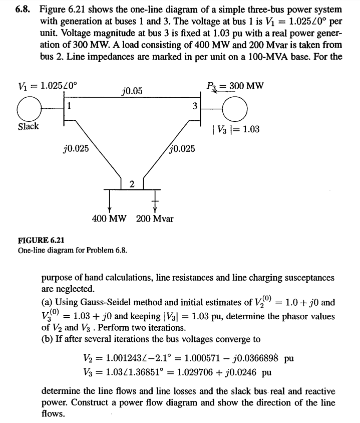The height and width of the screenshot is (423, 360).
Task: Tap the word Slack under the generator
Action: tap(28, 126)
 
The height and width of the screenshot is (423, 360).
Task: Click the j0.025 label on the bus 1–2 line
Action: tap(76, 149)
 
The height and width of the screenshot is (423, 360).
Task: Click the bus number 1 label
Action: tap(70, 106)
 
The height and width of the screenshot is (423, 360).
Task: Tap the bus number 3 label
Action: tap(195, 106)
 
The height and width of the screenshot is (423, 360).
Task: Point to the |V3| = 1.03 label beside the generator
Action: tap(236, 129)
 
